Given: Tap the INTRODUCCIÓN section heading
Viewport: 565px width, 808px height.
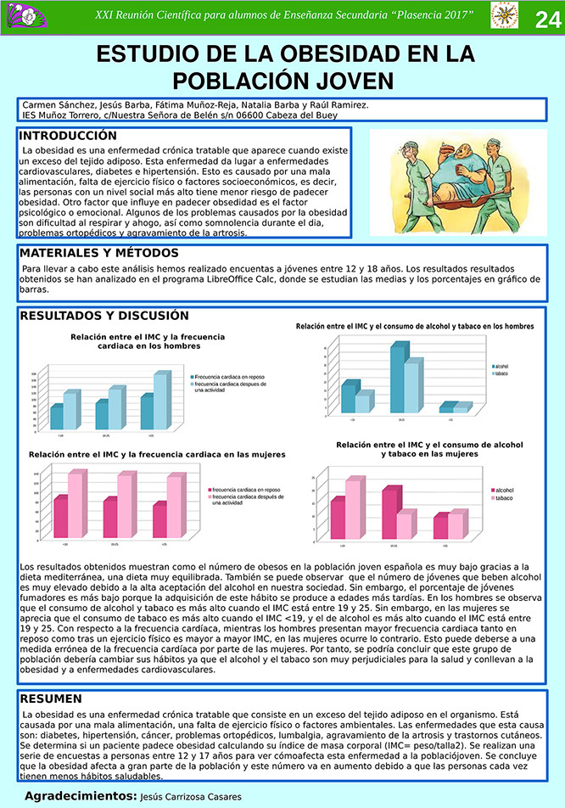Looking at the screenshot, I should point(68,136).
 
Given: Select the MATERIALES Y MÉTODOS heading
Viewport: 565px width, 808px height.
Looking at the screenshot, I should point(98,253).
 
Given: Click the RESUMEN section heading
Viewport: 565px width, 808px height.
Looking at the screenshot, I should point(51,699).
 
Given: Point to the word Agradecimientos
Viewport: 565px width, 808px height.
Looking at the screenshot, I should point(80,796).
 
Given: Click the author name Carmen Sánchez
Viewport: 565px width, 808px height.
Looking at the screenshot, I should point(55,104).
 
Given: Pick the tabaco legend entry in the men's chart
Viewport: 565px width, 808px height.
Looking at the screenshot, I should point(501,373).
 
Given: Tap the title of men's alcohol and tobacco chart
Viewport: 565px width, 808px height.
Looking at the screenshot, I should point(415,326).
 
